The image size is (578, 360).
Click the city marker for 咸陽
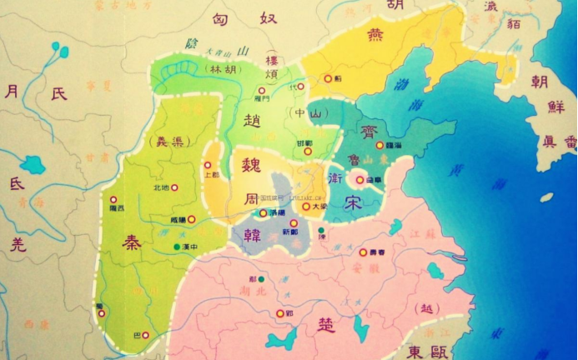191,219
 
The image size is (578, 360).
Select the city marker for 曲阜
360,178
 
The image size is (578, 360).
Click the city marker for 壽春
363,252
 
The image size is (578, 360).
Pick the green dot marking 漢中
175,247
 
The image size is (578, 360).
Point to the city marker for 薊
328,79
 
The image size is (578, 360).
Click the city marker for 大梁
305,206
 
